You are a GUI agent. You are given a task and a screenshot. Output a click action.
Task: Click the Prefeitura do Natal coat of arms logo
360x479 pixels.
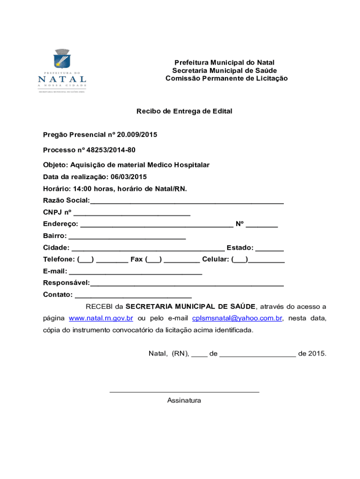coord(61,59)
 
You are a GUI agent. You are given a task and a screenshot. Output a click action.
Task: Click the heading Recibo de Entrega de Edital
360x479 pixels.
coord(184,111)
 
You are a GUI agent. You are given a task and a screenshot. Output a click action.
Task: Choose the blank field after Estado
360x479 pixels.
coord(270,249)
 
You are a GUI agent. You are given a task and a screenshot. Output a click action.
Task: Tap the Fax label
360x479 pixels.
coord(137,259)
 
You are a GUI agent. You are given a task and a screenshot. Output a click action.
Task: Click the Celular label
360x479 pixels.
coord(216,259)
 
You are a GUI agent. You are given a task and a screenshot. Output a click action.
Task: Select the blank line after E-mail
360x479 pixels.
coord(136,272)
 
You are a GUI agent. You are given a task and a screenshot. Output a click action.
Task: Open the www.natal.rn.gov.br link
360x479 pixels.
coord(101,319)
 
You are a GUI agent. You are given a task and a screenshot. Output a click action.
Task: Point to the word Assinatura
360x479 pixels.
coord(184,400)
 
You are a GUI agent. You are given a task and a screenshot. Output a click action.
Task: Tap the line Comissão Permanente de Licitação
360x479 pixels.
coord(226,79)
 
